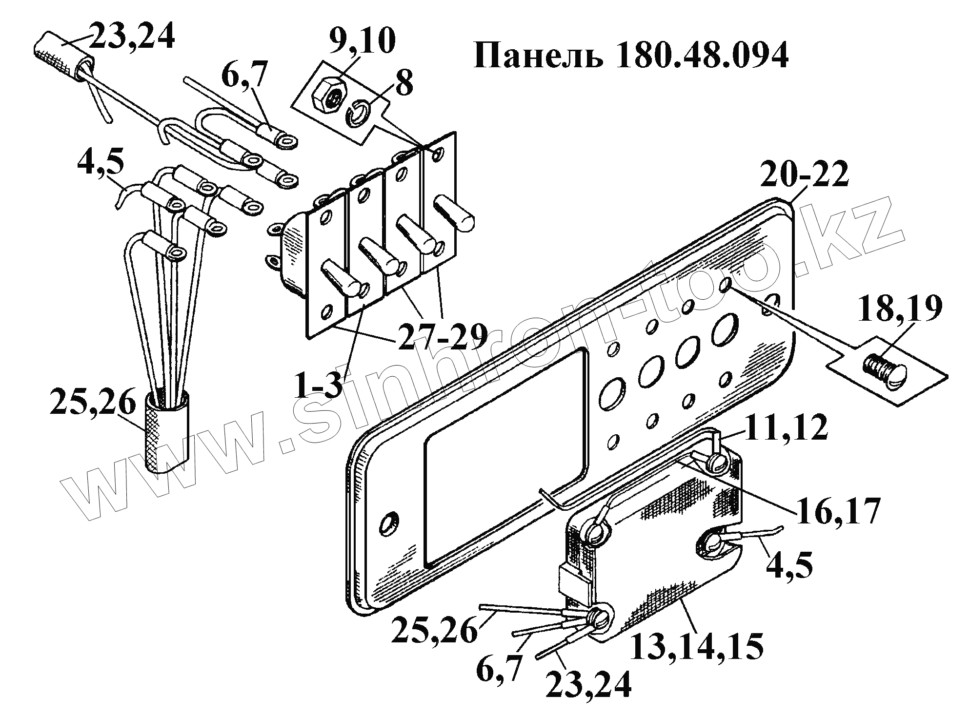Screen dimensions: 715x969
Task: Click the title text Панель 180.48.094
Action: click(631, 57)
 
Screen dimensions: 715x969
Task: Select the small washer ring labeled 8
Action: click(359, 114)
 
